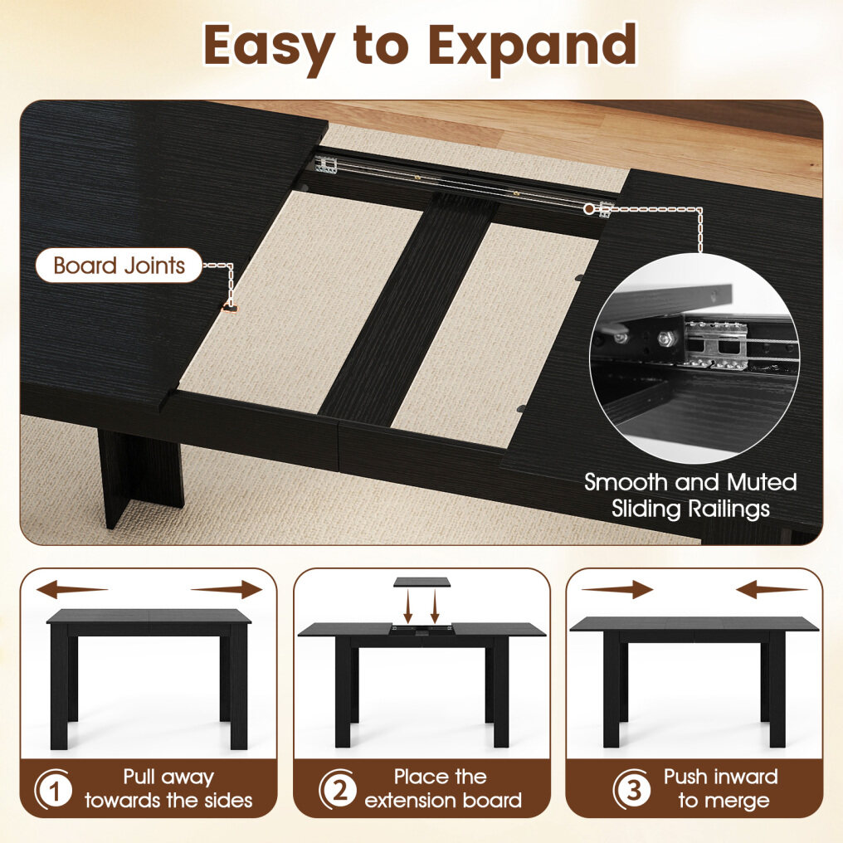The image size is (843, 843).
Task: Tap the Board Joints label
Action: [119, 265]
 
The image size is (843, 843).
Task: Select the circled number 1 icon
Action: [53, 790]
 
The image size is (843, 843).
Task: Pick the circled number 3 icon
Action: [633, 790]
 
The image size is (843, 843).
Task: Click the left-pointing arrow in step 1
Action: [72, 589]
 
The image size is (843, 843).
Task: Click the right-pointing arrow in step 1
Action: [227, 589]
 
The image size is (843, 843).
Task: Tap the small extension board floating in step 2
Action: [421, 582]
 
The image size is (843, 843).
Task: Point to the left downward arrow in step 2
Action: [408, 606]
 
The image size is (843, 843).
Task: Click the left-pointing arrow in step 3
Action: [772, 590]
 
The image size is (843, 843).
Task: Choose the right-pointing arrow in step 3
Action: [616, 589]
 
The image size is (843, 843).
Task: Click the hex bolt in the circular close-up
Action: [666, 339]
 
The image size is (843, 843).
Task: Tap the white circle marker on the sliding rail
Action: [589, 208]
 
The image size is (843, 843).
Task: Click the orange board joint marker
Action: [230, 309]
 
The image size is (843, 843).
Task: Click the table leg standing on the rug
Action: [141, 475]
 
